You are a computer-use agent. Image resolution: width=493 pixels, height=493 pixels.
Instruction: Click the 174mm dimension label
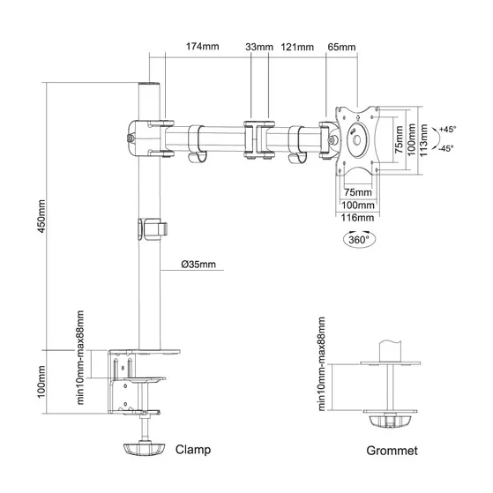tap(202, 47)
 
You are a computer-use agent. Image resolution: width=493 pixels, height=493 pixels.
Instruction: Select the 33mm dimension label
tap(259, 47)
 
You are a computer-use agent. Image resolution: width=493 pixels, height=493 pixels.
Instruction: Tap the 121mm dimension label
tap(297, 47)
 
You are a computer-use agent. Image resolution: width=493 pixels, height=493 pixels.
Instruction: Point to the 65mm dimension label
tap(342, 47)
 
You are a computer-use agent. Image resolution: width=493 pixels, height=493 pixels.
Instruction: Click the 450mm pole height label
tap(41, 216)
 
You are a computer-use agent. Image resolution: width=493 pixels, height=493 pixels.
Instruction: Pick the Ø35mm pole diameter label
tap(198, 264)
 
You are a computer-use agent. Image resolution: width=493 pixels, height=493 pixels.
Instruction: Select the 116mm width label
tap(357, 218)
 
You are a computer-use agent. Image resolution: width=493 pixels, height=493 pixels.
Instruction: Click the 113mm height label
tap(423, 140)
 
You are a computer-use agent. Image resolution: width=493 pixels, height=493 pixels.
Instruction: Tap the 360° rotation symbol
tap(359, 239)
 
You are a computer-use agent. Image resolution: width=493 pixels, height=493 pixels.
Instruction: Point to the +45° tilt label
tap(448, 129)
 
